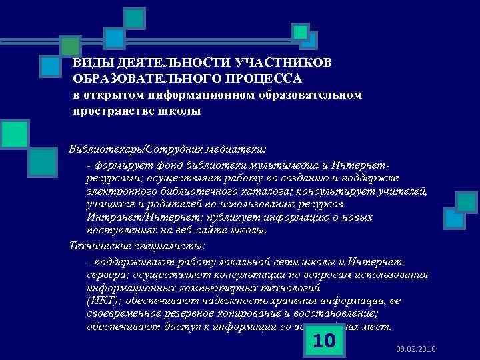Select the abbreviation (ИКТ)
pyautogui.click(x=102, y=301)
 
